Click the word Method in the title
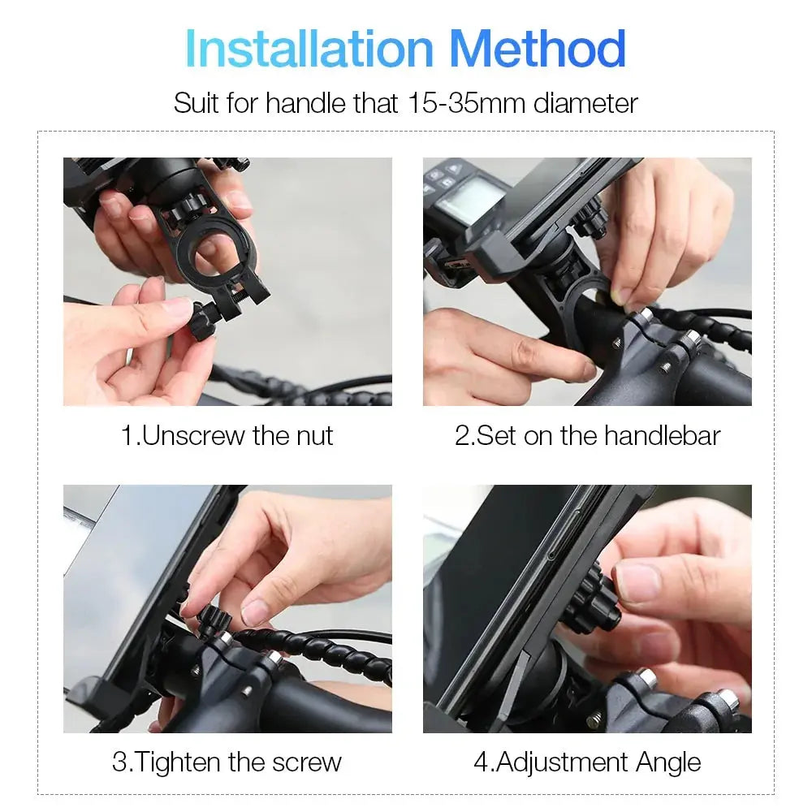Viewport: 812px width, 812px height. pos(538,49)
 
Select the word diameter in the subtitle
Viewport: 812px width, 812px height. pos(585,103)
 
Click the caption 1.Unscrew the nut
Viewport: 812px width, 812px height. pos(227,435)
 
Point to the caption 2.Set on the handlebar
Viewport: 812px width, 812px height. pos(587,435)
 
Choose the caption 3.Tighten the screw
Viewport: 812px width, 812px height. pos(227,762)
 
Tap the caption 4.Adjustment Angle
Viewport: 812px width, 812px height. pos(587,762)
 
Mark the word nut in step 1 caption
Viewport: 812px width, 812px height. pos(313,435)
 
